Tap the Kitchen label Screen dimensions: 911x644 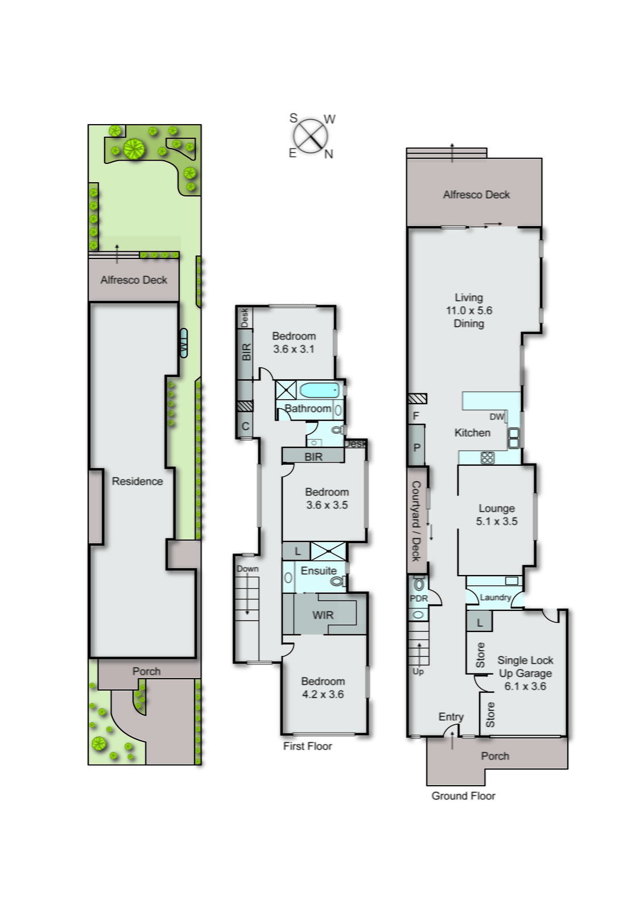coord(472,433)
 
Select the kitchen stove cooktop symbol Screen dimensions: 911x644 coord(487,457)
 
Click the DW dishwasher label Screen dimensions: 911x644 coord(497,417)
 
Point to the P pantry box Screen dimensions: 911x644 coord(416,448)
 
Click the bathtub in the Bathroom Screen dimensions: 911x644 coord(319,390)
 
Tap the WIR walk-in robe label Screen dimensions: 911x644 coord(323,615)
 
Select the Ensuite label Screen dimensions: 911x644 coord(319,571)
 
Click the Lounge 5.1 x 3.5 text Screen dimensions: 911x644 coord(497,515)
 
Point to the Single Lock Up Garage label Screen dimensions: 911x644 coord(525,673)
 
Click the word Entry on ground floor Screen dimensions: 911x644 coord(451,717)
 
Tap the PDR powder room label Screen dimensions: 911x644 coord(419,598)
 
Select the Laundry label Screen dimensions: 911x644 coord(495,597)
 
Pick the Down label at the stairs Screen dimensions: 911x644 coord(247,569)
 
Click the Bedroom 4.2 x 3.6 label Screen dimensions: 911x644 coord(323,687)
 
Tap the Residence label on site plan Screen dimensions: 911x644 coord(137,481)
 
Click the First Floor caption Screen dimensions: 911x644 coord(307,746)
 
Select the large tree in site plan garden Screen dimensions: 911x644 coord(134,149)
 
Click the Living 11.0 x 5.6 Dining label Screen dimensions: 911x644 coord(469,310)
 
